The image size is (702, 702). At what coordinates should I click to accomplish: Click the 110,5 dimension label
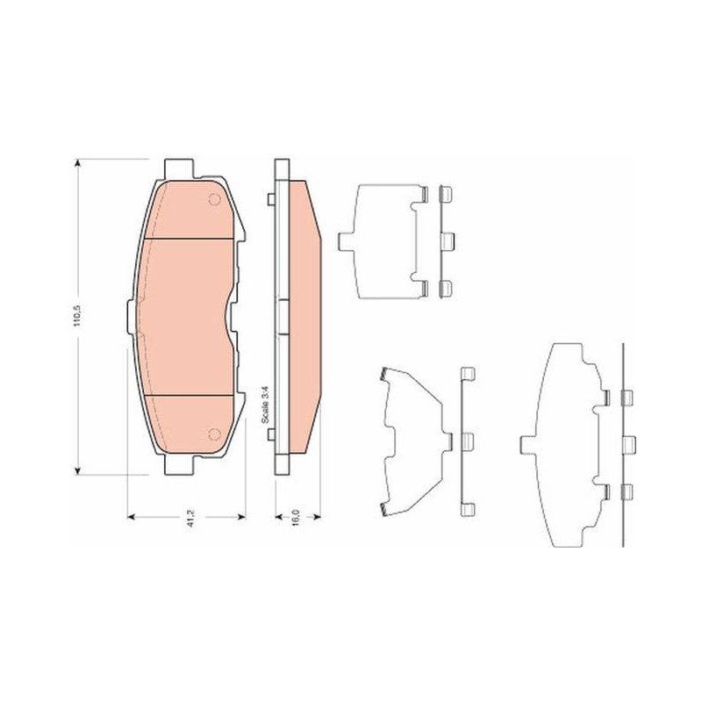(x=77, y=315)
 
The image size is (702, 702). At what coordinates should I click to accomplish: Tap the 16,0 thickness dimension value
(x=296, y=517)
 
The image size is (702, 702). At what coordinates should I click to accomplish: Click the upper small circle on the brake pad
(x=215, y=199)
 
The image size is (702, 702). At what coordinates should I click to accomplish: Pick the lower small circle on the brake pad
(x=215, y=433)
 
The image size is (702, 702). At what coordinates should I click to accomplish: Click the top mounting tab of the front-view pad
(x=180, y=168)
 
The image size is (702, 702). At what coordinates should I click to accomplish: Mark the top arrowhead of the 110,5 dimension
(x=78, y=163)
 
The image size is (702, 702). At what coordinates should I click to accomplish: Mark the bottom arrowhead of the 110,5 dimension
(x=78, y=469)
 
